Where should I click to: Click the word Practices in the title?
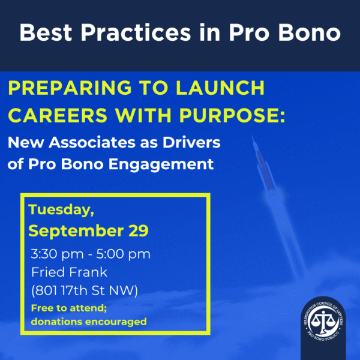tap(136, 32)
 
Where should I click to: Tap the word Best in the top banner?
tap(46, 32)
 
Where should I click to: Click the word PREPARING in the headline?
tap(70, 88)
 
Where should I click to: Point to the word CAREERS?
tap(58, 115)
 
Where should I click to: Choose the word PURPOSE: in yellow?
tap(232, 115)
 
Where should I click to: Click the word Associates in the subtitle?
tap(92, 142)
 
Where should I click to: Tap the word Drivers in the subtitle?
tap(191, 142)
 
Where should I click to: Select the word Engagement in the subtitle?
tap(161, 164)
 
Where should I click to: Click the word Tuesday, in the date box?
tap(61, 209)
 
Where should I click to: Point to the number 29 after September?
tap(139, 230)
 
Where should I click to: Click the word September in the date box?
tap(76, 231)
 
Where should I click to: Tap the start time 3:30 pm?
tap(57, 254)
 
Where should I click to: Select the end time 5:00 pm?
tap(123, 254)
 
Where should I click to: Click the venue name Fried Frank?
tap(69, 272)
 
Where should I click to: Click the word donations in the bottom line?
tap(57, 322)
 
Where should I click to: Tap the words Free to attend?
tap(69, 308)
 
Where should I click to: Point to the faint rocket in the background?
tap(264, 166)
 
